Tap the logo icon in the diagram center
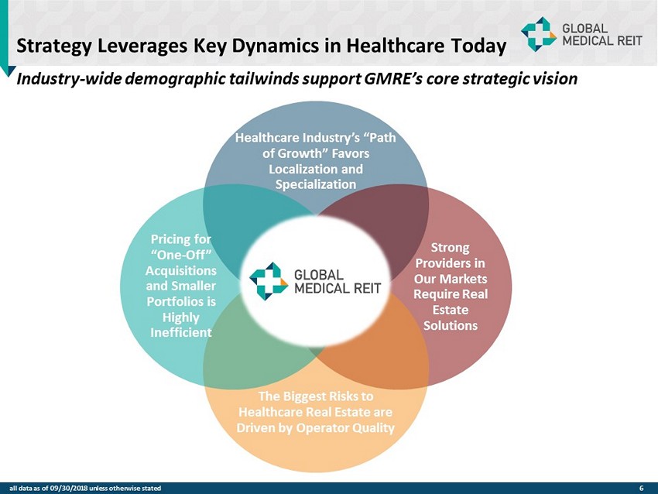[268, 281]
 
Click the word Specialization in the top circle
[316, 184]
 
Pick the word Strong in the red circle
[450, 248]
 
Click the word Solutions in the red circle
[450, 324]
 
